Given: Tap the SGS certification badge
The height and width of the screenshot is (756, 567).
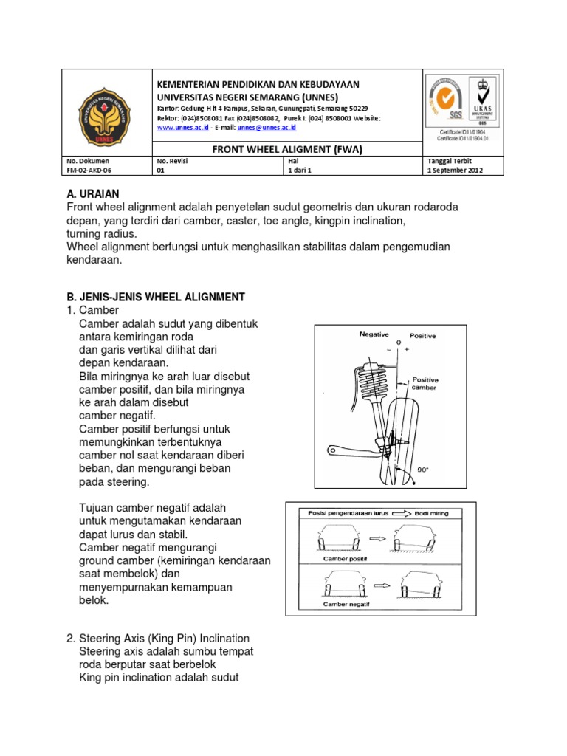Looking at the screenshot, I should tap(445, 101).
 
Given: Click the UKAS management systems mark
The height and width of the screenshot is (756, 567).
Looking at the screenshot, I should tap(483, 101).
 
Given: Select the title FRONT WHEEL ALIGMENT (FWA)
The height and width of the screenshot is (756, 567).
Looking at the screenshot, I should tap(287, 148).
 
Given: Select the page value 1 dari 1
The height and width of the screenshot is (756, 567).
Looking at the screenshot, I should tap(299, 170).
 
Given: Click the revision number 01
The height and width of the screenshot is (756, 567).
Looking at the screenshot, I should tap(160, 170).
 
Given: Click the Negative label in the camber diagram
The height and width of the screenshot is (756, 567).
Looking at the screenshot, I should tap(374, 334).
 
